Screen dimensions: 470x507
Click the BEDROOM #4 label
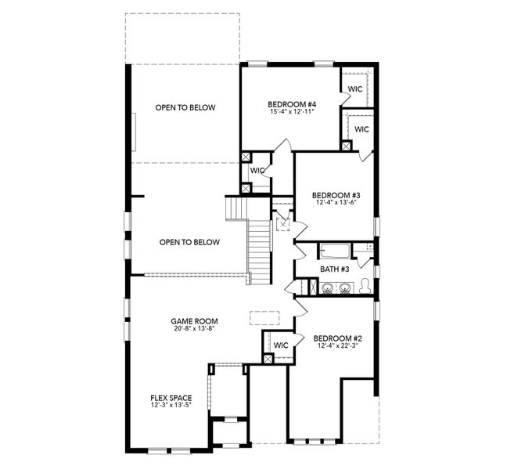pyautogui.click(x=291, y=104)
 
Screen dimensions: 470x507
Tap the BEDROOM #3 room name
pyautogui.click(x=336, y=195)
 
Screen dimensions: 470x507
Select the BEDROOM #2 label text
pyautogui.click(x=336, y=338)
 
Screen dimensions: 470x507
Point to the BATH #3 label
pyautogui.click(x=334, y=269)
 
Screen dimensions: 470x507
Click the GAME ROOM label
pyautogui.click(x=194, y=321)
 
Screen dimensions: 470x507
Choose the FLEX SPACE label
pyautogui.click(x=171, y=398)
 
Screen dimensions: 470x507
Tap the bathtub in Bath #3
pyautogui.click(x=334, y=251)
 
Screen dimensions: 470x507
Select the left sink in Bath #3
pyautogui.click(x=327, y=288)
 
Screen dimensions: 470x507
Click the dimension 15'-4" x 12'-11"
pyautogui.click(x=291, y=113)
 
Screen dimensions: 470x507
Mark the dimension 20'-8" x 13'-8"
pyautogui.click(x=194, y=329)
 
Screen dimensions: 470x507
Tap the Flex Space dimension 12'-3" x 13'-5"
pyautogui.click(x=171, y=406)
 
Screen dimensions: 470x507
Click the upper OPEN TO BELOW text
pyautogui.click(x=185, y=108)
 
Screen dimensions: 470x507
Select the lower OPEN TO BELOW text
pyautogui.click(x=189, y=243)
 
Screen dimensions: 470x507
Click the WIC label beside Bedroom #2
pyautogui.click(x=281, y=345)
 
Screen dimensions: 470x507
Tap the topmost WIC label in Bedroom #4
pyautogui.click(x=354, y=89)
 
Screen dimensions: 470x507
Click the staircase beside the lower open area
pyautogui.click(x=260, y=247)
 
